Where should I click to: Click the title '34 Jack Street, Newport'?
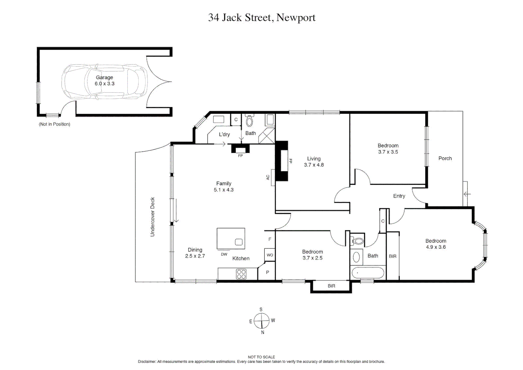(x=262, y=17)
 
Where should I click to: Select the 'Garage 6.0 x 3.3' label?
(x=104, y=81)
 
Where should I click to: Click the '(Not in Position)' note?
(x=54, y=124)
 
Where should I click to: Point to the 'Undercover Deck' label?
(x=152, y=217)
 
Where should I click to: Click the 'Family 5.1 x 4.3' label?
(x=224, y=187)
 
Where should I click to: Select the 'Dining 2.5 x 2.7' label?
(x=195, y=253)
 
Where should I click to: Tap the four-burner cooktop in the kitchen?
(x=241, y=274)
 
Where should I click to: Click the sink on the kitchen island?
(x=239, y=242)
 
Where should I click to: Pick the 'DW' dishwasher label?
(x=224, y=254)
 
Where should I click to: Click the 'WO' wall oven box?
(x=270, y=255)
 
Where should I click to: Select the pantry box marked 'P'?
(x=267, y=272)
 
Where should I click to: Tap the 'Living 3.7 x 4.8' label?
(x=314, y=162)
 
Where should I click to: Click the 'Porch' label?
(x=445, y=158)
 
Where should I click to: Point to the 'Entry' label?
(x=399, y=196)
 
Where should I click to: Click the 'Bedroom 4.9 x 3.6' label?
(x=436, y=244)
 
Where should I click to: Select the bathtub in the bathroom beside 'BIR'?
(x=368, y=273)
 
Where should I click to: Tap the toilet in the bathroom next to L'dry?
(x=249, y=121)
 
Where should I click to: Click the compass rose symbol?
(x=261, y=321)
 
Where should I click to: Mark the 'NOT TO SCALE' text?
(x=261, y=357)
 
